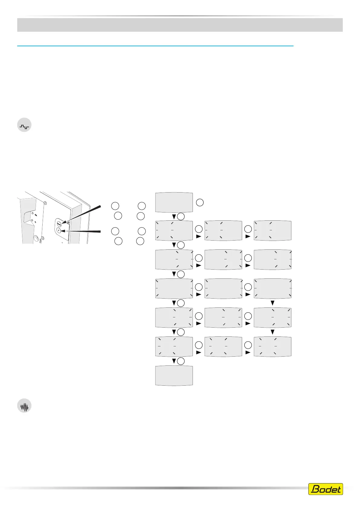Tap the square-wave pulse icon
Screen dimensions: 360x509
[24, 125]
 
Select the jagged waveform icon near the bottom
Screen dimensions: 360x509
[24, 407]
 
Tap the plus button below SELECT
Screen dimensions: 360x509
[59, 230]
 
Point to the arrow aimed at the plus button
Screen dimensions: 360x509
[82, 232]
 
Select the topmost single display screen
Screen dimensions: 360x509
[174, 202]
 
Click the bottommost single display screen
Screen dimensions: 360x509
[174, 375]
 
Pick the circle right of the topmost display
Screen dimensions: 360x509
[199, 203]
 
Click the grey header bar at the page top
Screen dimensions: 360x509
[180, 25]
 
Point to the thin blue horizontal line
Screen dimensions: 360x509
[155, 46]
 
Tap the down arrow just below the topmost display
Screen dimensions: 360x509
[174, 216]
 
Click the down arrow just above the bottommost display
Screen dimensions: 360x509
[174, 361]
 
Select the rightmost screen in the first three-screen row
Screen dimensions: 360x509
[272, 230]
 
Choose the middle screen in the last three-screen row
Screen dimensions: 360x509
[223, 346]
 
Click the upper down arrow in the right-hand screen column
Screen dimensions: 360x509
[272, 303]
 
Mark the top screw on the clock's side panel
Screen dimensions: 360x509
[45, 203]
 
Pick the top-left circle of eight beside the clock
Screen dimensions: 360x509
[115, 206]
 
